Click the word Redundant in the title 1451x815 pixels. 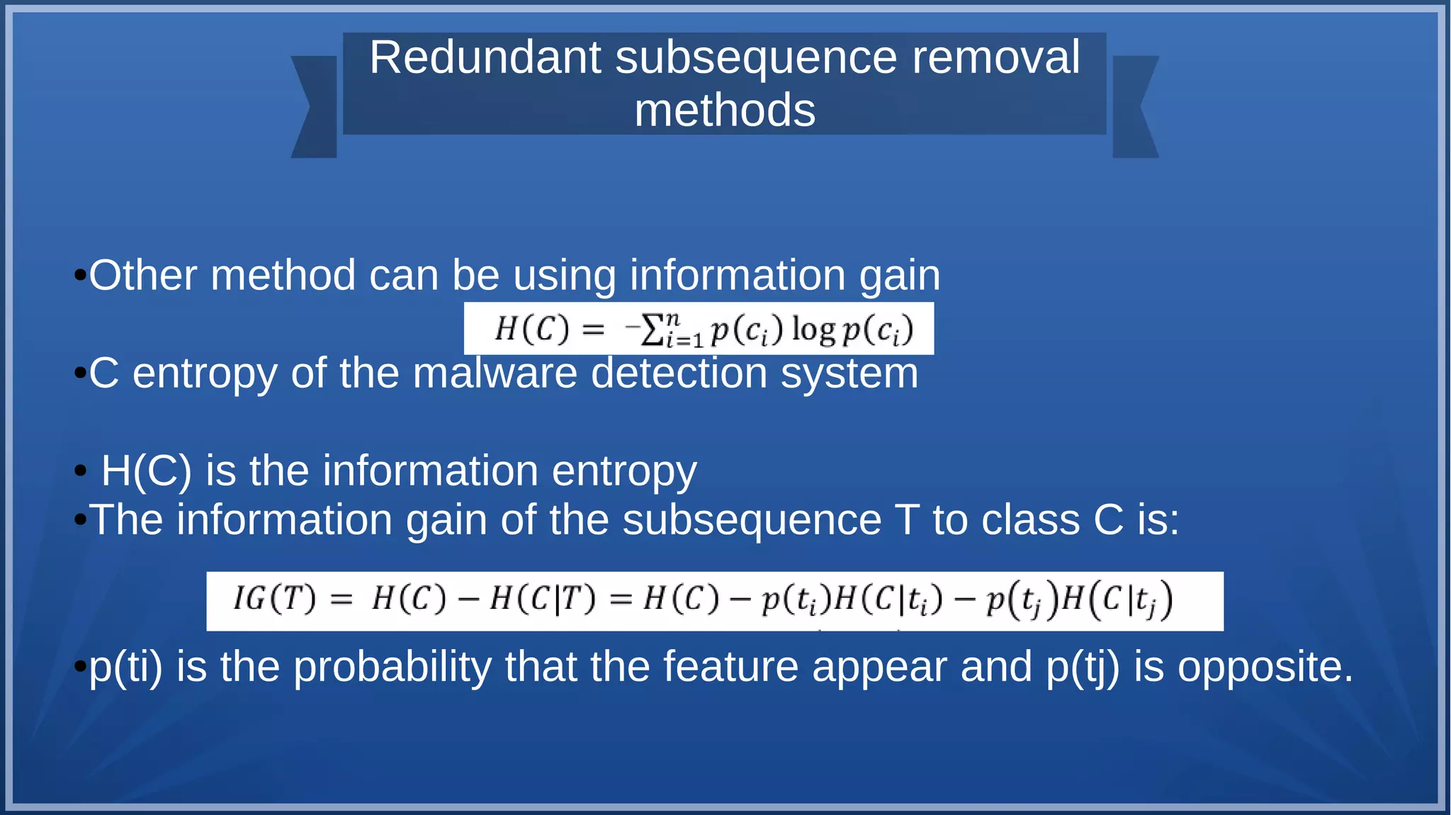point(485,57)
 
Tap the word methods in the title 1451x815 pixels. point(725,111)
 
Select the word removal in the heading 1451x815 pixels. point(995,57)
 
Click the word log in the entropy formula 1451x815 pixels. point(813,330)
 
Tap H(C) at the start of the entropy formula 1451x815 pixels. point(531,329)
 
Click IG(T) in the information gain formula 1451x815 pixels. point(275,600)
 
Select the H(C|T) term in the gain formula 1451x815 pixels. point(542,600)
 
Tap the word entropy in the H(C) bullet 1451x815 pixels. point(624,471)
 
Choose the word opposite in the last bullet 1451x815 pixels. point(1265,667)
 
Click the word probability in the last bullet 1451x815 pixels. point(392,667)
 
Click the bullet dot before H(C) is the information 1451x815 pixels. point(81,471)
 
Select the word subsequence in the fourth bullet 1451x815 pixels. point(752,520)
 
